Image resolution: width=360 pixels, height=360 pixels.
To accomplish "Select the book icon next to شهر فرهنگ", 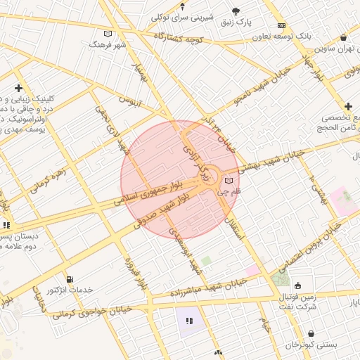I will (108, 33).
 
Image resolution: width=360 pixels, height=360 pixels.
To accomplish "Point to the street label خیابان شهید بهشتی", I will (271, 161).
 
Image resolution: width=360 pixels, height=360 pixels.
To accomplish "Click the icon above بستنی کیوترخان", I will (311, 334).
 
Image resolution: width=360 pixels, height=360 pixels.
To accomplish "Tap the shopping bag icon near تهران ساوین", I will (342, 37).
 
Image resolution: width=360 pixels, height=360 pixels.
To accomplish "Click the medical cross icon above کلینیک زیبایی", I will (18, 89).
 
